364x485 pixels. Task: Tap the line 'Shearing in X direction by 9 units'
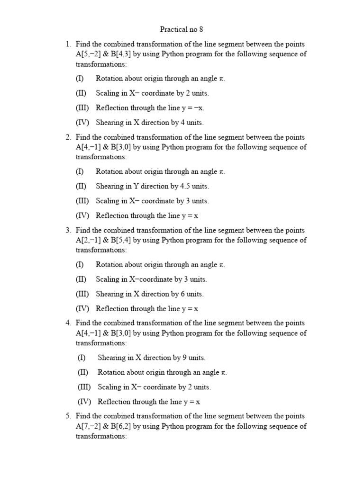tap(151, 358)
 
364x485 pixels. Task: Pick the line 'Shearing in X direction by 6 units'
tap(149, 294)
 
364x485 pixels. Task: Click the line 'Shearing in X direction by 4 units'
tap(149, 123)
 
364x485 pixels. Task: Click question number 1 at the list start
tap(68, 44)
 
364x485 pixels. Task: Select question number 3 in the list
tap(68, 230)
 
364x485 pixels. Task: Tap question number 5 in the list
tap(68, 416)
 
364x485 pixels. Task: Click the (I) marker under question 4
tap(82, 358)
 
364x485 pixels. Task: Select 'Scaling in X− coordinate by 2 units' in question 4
tap(154, 387)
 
